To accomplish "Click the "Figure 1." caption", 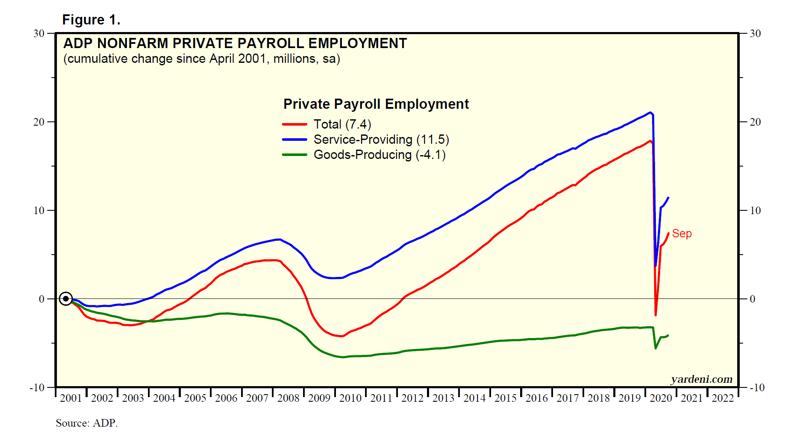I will point(91,20).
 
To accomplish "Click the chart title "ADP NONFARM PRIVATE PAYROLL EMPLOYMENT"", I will point(235,43).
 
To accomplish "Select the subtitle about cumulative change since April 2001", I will point(201,59).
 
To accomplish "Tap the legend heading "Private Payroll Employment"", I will point(376,104).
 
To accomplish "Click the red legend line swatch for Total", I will point(294,124).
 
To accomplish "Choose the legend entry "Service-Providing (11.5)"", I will point(381,140).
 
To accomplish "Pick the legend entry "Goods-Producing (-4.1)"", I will point(379,155).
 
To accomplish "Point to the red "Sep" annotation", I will point(682,234).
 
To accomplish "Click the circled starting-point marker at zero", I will point(66,299).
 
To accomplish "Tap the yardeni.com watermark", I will point(701,379).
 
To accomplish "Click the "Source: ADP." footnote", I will point(86,423).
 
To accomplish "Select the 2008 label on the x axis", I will point(288,398).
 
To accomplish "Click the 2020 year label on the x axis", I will point(660,398).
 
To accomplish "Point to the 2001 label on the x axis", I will point(71,398).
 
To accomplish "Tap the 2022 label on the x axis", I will point(722,398).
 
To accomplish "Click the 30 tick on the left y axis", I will point(39,33).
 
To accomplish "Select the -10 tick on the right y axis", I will point(757,388).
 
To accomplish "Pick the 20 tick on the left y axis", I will point(39,122).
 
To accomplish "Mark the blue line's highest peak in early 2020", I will point(650,113).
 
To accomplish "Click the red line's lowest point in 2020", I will point(655,315).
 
